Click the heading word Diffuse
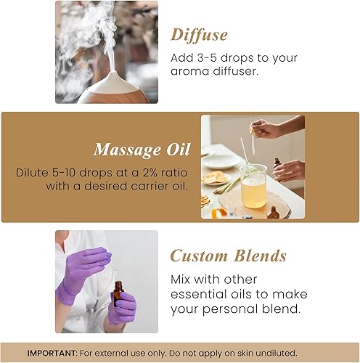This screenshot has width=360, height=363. (199, 34)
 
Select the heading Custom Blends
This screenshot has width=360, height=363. (228, 256)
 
